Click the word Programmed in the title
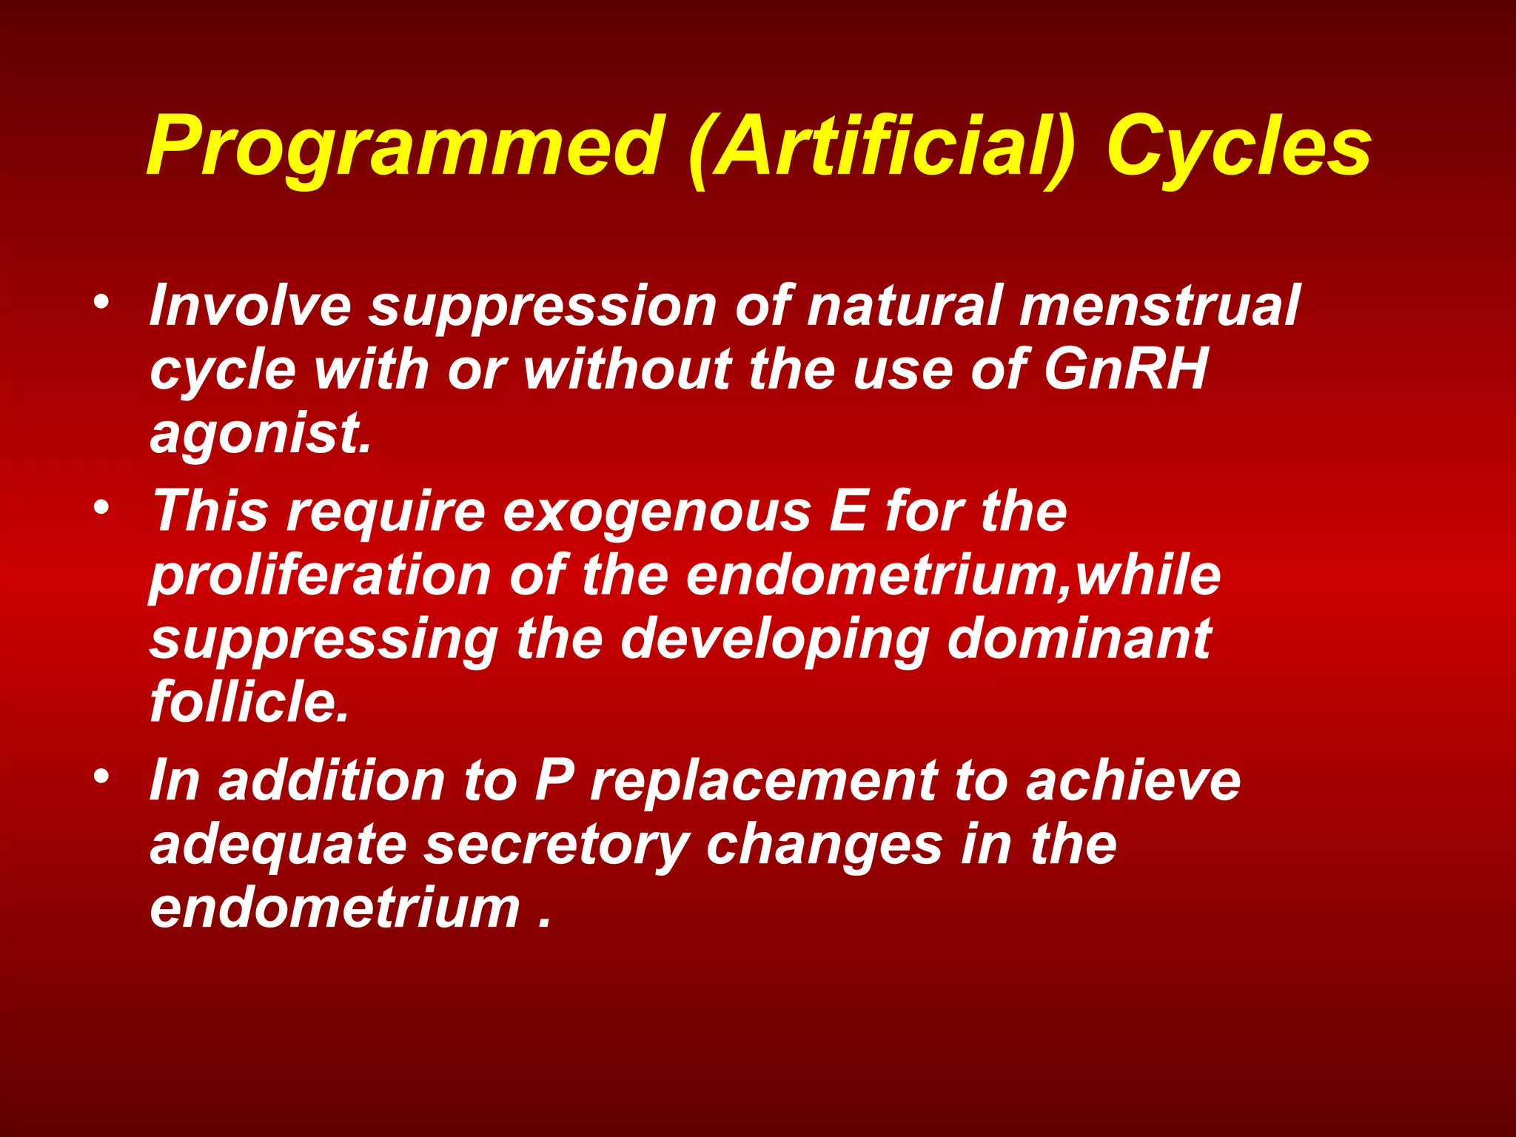403,148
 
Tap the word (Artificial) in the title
881,148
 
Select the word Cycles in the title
1238,148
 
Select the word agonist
259,435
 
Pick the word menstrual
1158,305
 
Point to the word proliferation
320,576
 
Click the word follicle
249,701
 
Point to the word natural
905,305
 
